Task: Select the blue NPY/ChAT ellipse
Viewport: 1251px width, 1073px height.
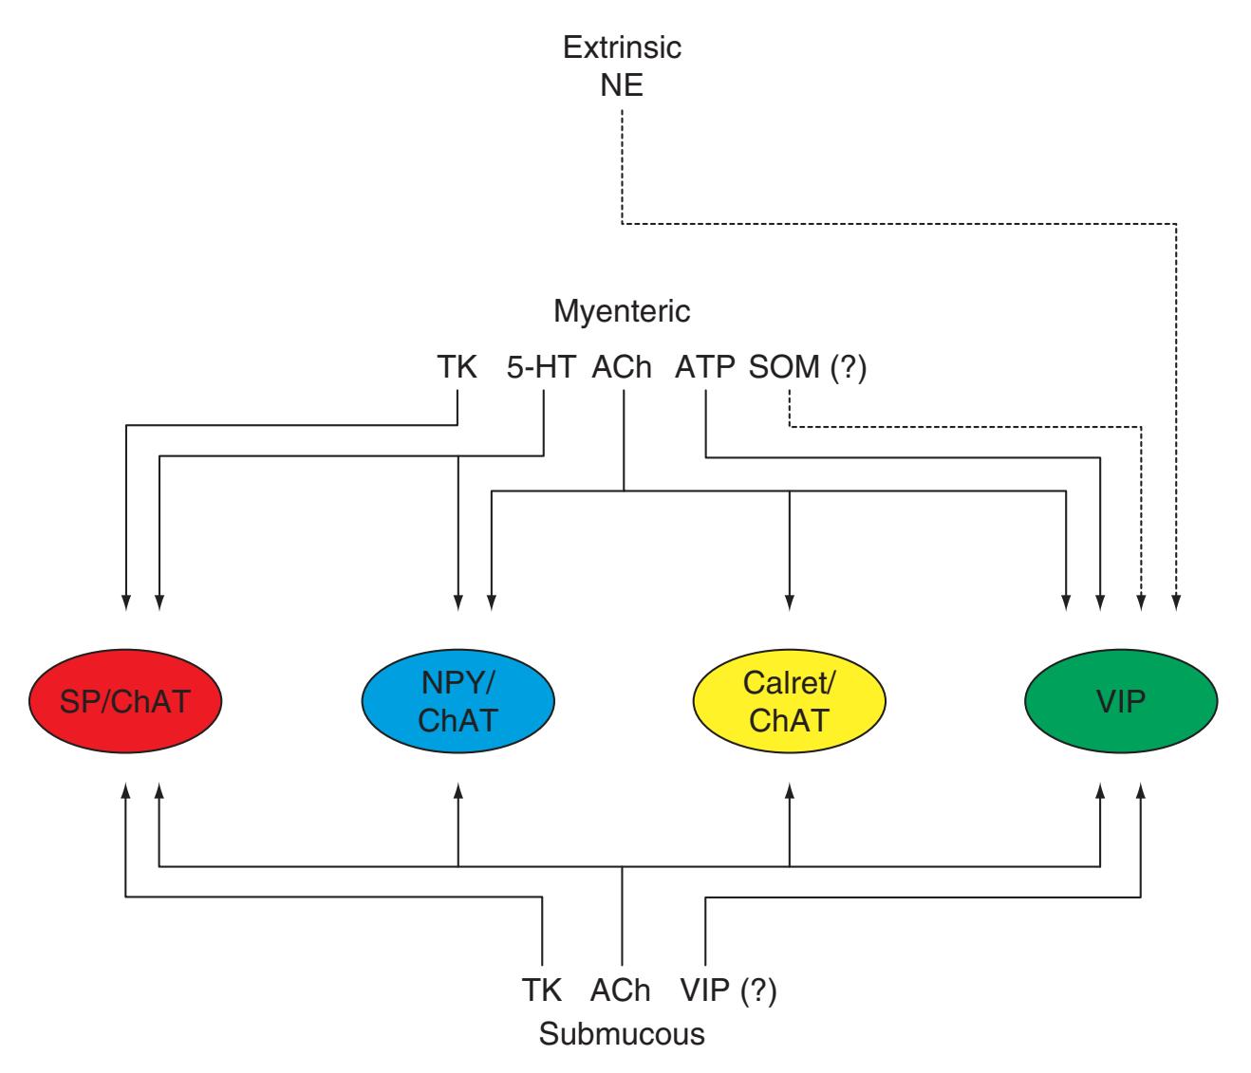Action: point(457,702)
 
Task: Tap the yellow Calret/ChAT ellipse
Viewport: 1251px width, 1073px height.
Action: point(790,702)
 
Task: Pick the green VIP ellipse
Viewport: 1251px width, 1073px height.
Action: point(1120,702)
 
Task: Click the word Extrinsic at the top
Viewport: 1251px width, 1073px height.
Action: point(622,48)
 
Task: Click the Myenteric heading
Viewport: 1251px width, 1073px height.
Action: point(622,311)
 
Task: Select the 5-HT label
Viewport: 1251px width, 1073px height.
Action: point(541,368)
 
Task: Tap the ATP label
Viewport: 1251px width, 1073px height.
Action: point(705,368)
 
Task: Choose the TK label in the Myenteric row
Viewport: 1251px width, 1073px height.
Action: point(457,368)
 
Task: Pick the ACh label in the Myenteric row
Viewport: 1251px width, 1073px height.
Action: point(622,368)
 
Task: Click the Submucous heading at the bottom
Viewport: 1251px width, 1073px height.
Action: point(622,1033)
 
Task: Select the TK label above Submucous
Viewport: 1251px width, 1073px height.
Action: point(543,991)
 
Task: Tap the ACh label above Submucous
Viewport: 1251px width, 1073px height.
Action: point(622,991)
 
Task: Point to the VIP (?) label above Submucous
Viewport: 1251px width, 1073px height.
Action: point(729,991)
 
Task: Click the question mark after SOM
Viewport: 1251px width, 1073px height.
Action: point(848,368)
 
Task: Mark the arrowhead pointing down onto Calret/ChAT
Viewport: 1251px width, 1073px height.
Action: point(790,601)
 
